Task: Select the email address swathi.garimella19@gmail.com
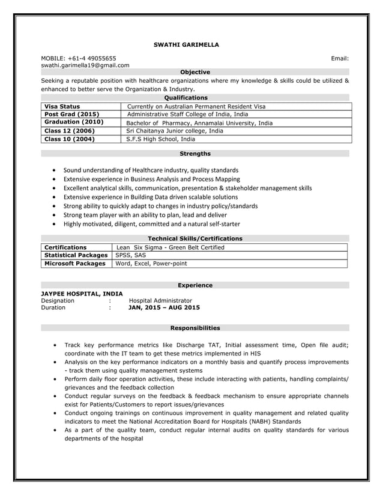click(85, 65)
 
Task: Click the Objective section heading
click(195, 72)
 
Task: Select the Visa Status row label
click(62, 106)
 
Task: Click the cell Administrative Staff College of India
click(188, 114)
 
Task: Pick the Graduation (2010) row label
click(74, 122)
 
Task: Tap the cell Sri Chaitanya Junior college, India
click(175, 131)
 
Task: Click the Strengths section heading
click(195, 154)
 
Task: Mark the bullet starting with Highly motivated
click(152, 224)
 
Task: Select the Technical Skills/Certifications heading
click(195, 239)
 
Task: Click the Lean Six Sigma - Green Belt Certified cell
click(170, 247)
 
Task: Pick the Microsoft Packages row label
click(75, 263)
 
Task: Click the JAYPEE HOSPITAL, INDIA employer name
click(82, 294)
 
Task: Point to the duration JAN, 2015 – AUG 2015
click(164, 307)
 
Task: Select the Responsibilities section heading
click(195, 328)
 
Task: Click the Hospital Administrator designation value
click(161, 300)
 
